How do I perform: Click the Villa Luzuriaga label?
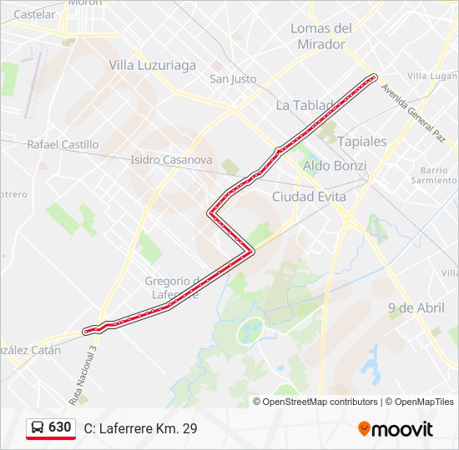(x=153, y=65)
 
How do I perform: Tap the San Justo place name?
(x=233, y=79)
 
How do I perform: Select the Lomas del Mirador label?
(x=321, y=36)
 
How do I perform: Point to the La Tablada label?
(x=304, y=106)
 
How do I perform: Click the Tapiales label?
(x=362, y=142)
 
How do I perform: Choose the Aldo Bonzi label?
(x=335, y=166)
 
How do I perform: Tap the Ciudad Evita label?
(x=309, y=197)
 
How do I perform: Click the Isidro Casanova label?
(x=171, y=159)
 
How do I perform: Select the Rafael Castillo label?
(x=63, y=144)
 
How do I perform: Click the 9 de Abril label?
(x=416, y=307)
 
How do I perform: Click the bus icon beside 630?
(x=38, y=427)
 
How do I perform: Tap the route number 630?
(x=60, y=427)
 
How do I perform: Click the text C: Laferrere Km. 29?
(x=141, y=428)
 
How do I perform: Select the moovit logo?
(x=396, y=428)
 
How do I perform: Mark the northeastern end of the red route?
(x=372, y=77)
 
